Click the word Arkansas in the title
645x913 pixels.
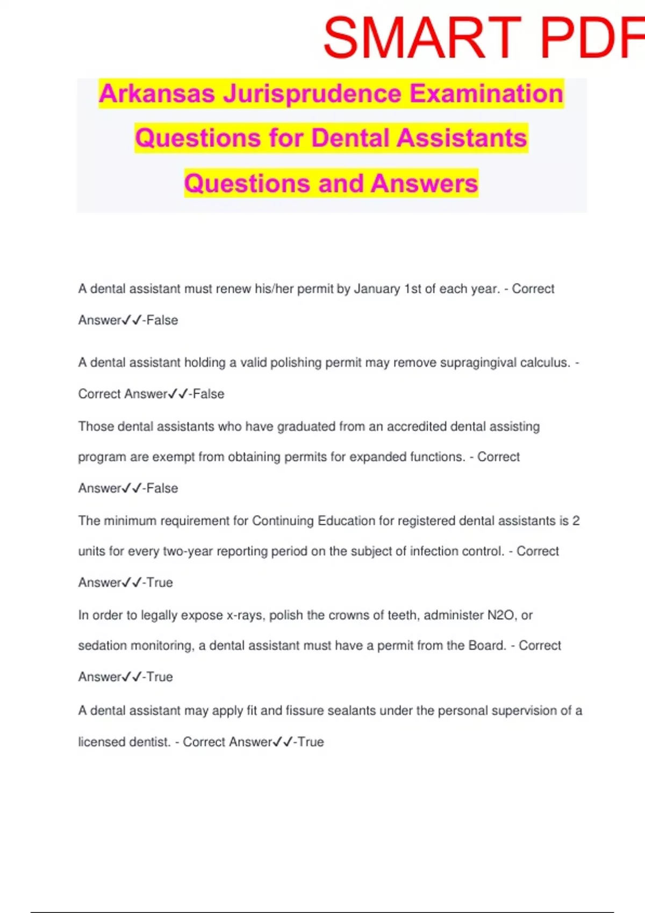coord(157,93)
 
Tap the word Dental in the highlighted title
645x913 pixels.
coord(350,138)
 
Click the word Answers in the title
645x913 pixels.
coord(424,183)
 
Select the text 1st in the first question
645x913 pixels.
coord(413,289)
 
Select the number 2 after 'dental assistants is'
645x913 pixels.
coord(576,521)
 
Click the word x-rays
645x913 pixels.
coord(246,615)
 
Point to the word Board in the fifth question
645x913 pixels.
coord(487,646)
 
